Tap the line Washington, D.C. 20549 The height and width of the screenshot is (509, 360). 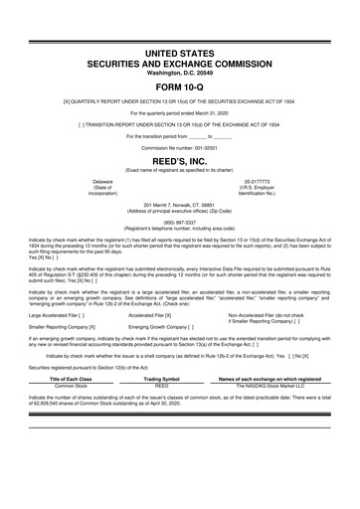[179, 73]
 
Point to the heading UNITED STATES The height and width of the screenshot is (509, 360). [179, 49]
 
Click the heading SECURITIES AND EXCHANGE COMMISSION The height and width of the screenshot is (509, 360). [179, 62]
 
